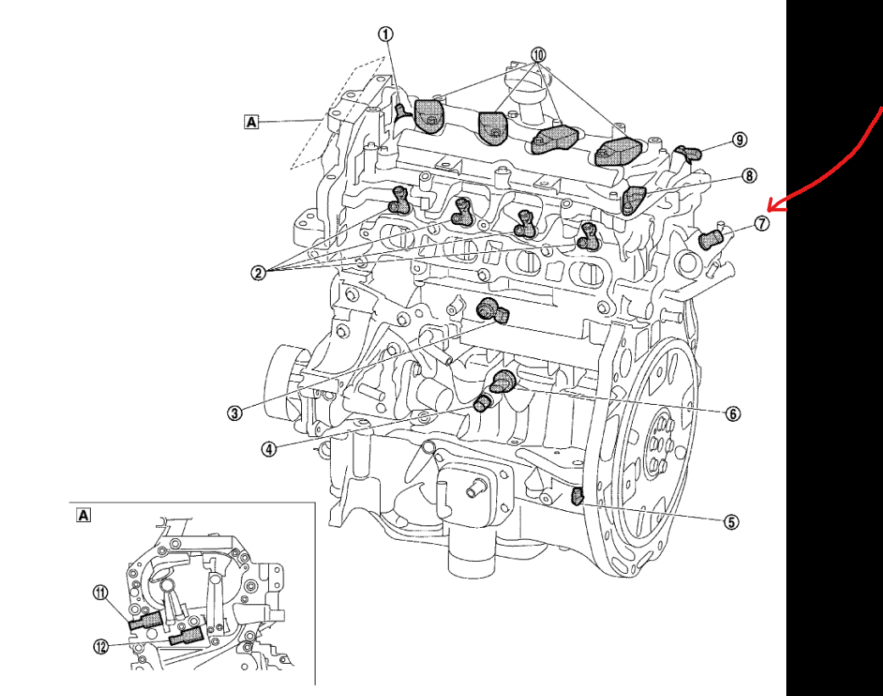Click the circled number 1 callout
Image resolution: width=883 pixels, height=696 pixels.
tap(386, 34)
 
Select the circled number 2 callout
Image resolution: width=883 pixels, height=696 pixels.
tap(258, 272)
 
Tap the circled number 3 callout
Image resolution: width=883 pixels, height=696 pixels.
tap(235, 413)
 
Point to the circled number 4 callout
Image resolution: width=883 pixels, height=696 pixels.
tap(268, 450)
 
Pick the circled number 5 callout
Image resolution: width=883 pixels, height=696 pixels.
tap(731, 522)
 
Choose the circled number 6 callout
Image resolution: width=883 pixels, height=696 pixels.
tap(732, 413)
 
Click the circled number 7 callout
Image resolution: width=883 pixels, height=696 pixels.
tap(762, 224)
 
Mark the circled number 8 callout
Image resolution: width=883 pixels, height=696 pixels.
tap(748, 176)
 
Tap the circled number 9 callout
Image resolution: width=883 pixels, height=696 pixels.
tap(740, 139)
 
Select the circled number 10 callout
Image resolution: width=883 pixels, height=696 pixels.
tap(538, 53)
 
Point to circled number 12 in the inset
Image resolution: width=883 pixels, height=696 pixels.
tap(101, 647)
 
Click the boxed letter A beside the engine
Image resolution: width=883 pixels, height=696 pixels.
tap(251, 121)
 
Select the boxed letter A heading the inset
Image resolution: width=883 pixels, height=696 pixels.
tap(83, 514)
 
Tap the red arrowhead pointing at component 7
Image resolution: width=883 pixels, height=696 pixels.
tap(772, 206)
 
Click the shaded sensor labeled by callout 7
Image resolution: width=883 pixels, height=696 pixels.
tap(709, 240)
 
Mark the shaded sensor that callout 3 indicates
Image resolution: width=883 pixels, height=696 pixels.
tap(492, 311)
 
